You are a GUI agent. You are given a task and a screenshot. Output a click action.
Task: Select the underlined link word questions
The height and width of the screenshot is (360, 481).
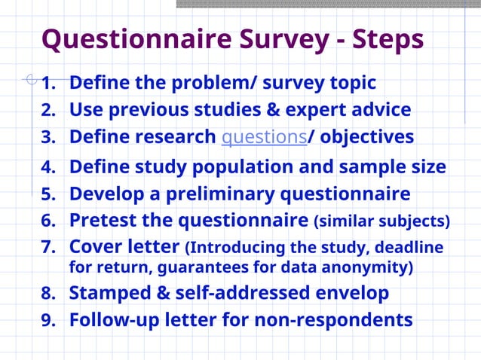click(x=264, y=137)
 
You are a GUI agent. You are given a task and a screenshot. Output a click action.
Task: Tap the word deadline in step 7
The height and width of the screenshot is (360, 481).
click(x=411, y=248)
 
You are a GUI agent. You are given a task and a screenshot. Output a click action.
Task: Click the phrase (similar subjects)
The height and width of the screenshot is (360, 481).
click(x=381, y=221)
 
